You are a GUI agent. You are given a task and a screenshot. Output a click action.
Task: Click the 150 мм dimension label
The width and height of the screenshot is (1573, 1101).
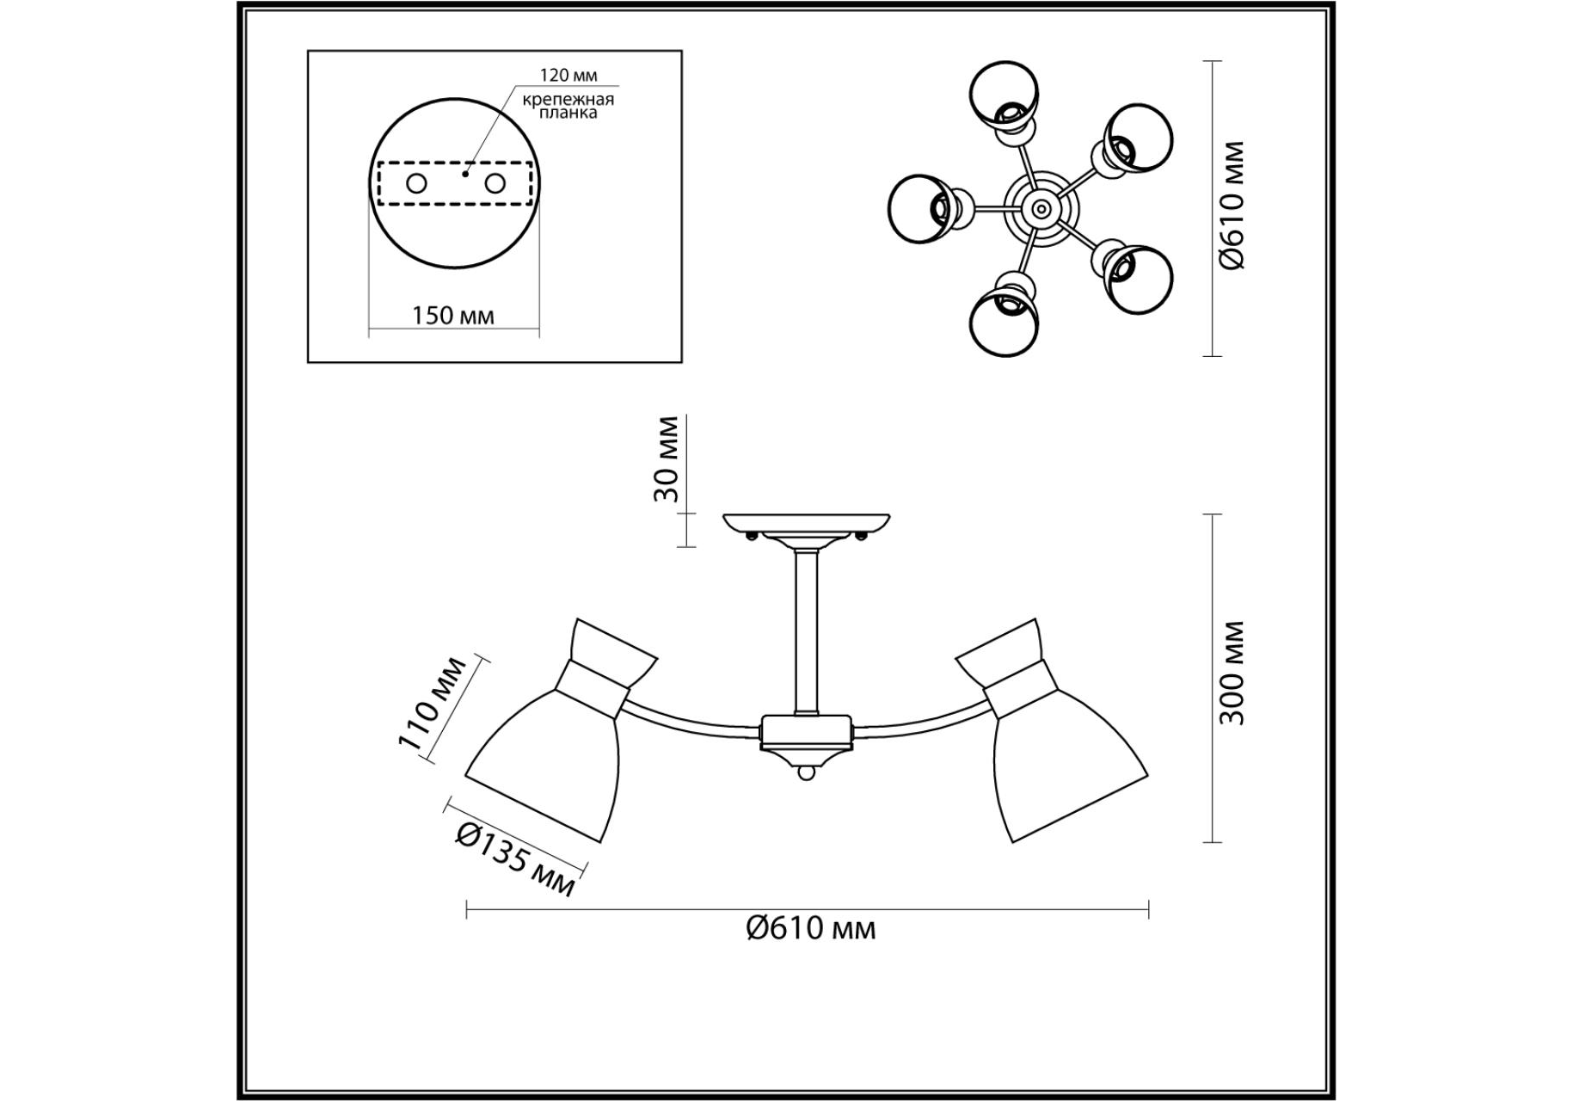(x=453, y=315)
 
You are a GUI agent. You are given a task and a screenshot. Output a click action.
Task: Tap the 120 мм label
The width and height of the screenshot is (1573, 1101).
(x=568, y=76)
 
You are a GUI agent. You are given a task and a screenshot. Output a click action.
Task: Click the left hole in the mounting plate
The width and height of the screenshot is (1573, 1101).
(x=416, y=183)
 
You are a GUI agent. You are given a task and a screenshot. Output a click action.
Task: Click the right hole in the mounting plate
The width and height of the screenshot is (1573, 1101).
(x=495, y=183)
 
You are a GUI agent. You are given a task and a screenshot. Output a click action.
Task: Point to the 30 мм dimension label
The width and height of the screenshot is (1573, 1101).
(x=666, y=459)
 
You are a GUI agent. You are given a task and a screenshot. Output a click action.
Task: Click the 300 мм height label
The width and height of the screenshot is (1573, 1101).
(x=1232, y=672)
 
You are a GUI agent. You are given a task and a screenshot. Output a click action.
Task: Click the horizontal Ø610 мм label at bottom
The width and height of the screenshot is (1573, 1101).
(x=810, y=928)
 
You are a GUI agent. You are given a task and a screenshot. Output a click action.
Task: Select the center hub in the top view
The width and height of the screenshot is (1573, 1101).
(x=1041, y=208)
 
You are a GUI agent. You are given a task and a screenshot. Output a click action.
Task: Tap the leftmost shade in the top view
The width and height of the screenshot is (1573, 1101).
(x=923, y=208)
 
